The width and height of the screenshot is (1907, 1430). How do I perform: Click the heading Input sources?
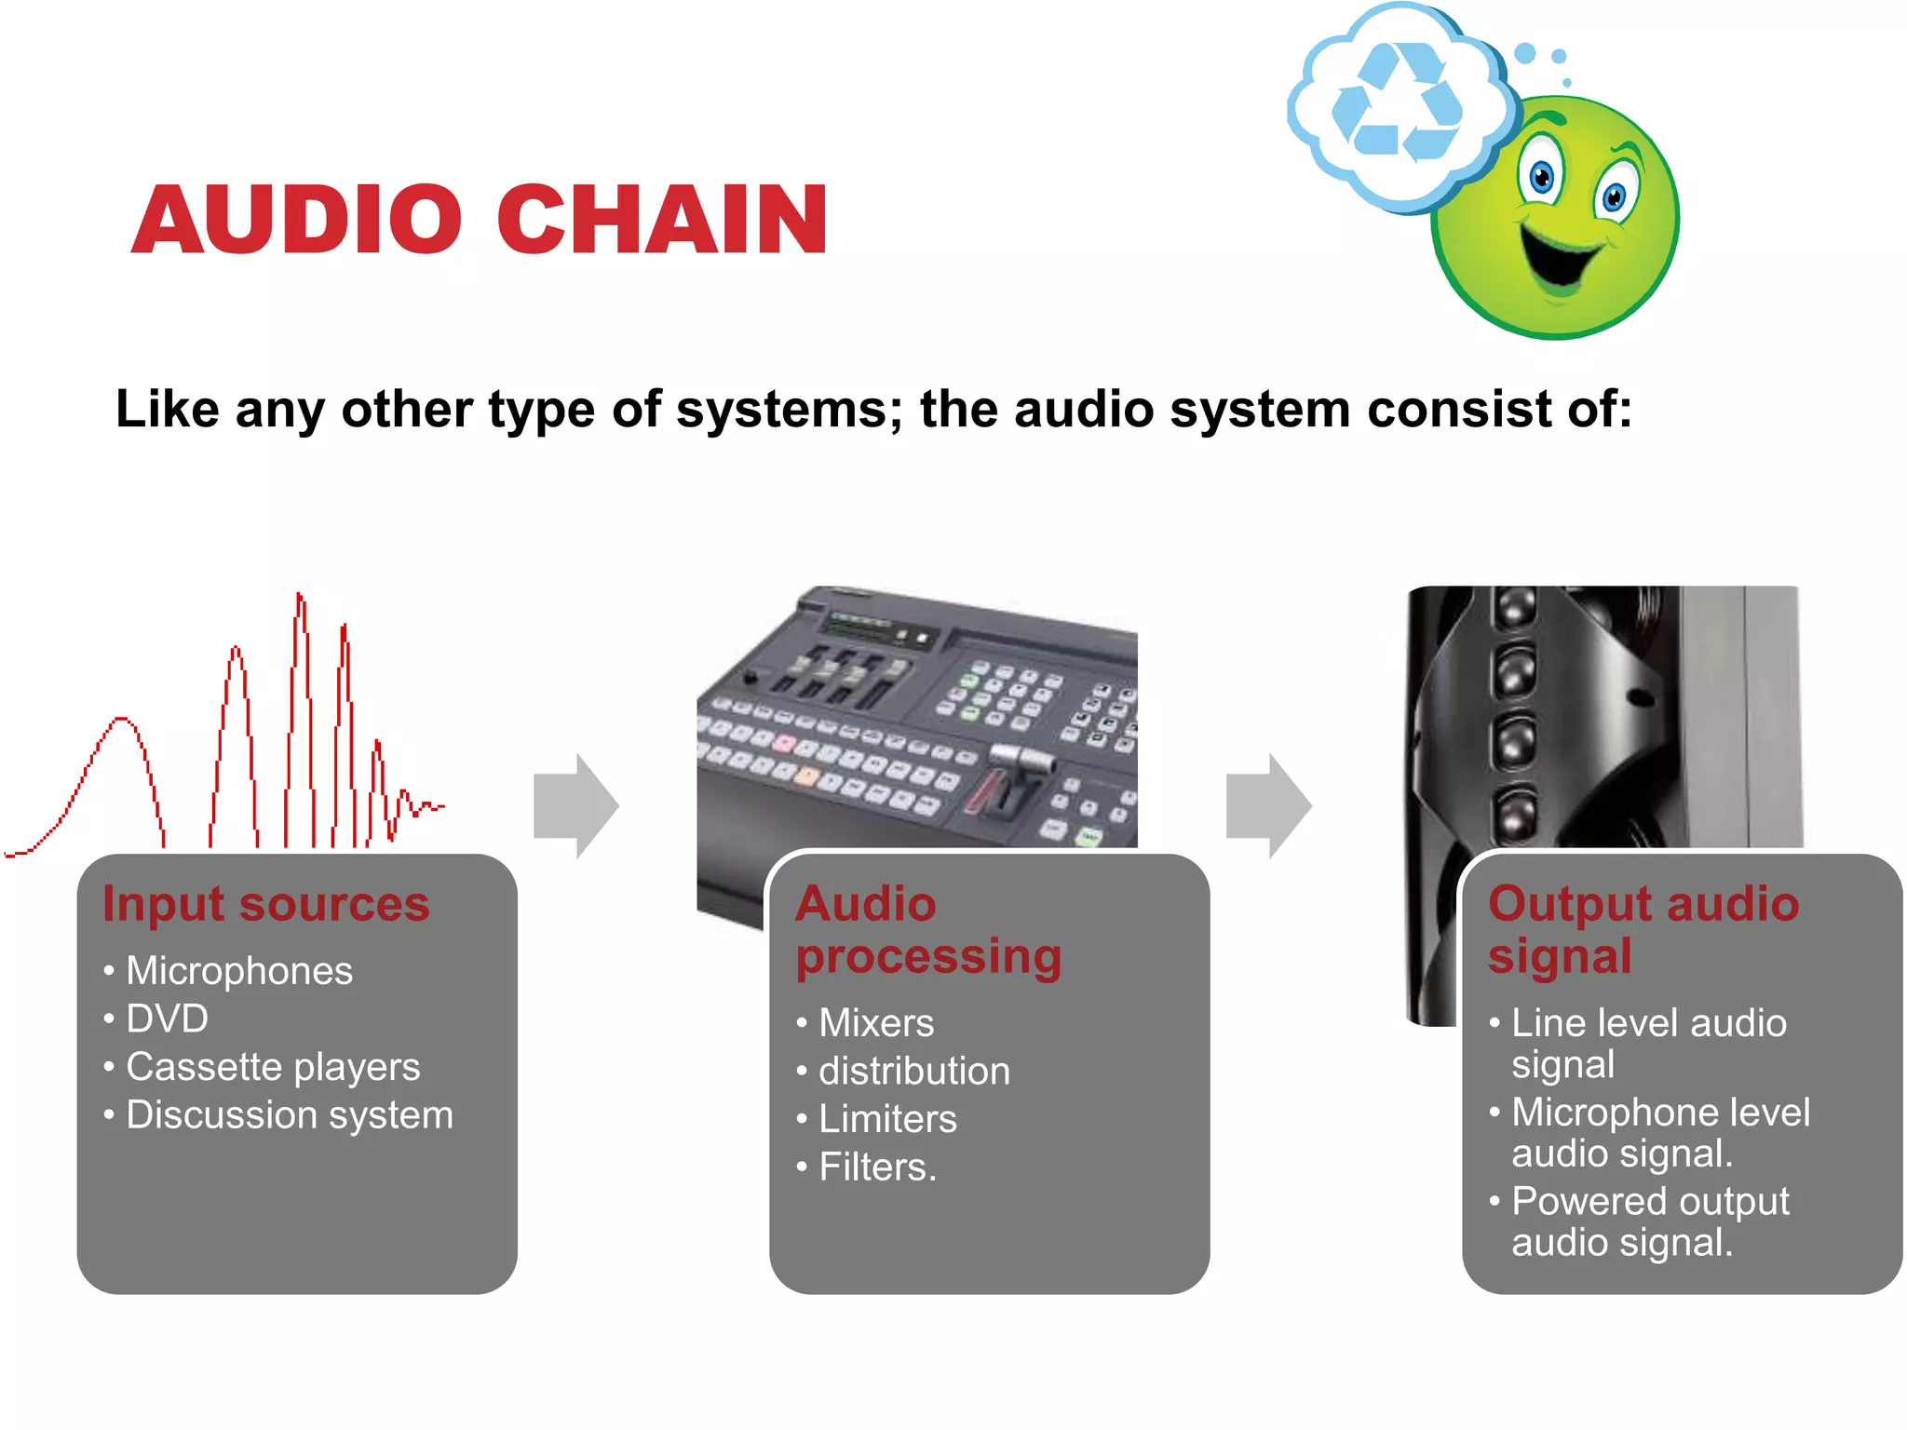click(266, 903)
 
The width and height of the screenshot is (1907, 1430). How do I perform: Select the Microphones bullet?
click(239, 971)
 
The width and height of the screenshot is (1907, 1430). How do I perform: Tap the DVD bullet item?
click(167, 1019)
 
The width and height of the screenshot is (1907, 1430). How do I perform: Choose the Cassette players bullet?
click(273, 1067)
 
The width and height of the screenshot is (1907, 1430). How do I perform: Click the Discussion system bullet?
click(289, 1115)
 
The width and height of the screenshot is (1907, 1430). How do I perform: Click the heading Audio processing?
click(927, 930)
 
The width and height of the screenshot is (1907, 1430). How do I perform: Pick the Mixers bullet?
click(875, 1023)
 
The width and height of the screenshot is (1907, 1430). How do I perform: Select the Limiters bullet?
click(886, 1119)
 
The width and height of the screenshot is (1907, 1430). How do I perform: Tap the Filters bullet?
click(876, 1167)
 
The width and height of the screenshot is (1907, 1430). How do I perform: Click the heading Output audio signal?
click(1643, 930)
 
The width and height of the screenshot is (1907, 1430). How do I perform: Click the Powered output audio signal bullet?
click(1649, 1221)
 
